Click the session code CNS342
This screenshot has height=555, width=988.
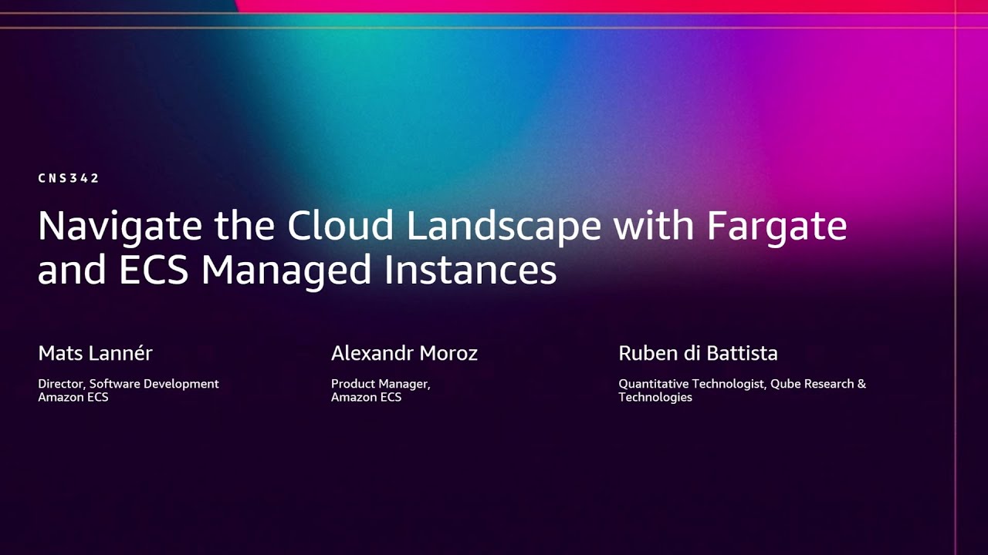coord(69,178)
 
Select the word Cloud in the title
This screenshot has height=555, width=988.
coord(341,225)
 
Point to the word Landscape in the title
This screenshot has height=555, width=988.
coord(504,227)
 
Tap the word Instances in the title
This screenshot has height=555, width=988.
coord(470,271)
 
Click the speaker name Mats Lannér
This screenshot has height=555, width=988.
coord(95,353)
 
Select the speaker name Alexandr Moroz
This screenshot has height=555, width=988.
coord(404,353)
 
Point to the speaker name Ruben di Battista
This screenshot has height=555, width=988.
coord(698,353)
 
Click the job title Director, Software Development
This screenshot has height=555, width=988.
coord(128,384)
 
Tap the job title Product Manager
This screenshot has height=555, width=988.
coord(381,384)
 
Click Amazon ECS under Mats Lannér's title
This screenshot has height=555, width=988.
coord(73,397)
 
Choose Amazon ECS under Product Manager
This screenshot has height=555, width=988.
coord(366,397)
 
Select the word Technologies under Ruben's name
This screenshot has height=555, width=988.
coord(655,397)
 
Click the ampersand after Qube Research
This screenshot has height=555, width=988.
coord(861,384)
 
